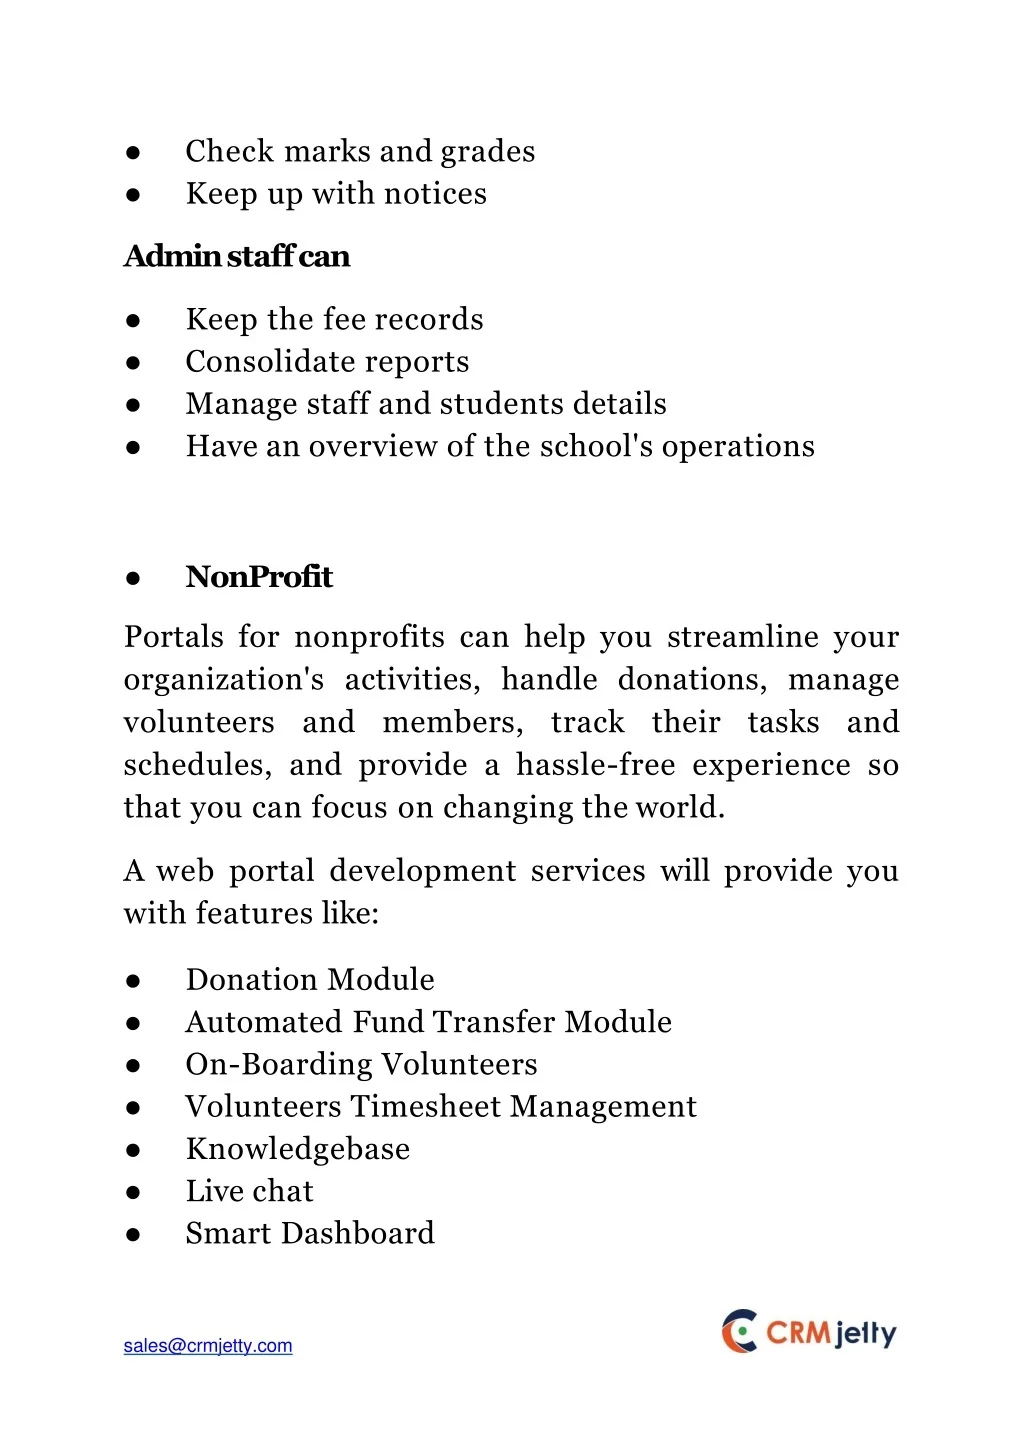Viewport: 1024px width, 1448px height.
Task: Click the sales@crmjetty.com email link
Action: click(208, 1346)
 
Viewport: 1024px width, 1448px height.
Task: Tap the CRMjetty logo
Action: click(809, 1332)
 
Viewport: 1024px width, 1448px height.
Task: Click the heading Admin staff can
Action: click(237, 256)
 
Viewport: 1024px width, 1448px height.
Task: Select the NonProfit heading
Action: click(259, 577)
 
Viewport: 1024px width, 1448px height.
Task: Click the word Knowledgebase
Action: click(298, 1149)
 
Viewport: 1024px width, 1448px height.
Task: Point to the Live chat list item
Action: click(249, 1191)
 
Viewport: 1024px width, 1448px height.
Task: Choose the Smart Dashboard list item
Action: click(310, 1233)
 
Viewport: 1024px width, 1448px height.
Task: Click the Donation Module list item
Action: click(310, 979)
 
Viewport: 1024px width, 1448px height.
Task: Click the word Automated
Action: click(264, 1022)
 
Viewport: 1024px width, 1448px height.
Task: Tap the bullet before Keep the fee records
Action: click(133, 320)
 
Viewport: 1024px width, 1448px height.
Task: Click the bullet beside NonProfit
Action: click(133, 578)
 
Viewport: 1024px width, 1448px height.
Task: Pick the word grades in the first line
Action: click(488, 151)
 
